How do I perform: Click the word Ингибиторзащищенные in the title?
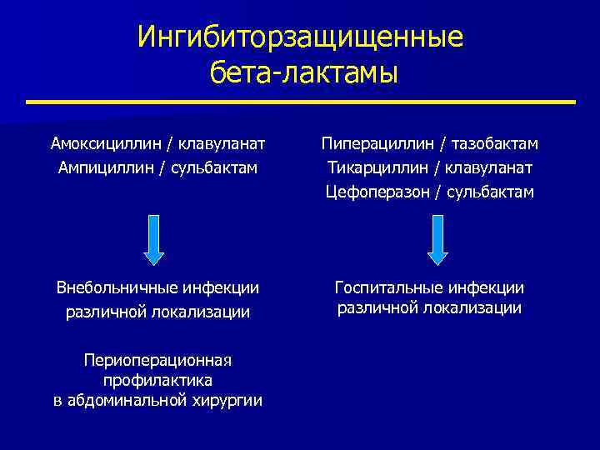(300, 37)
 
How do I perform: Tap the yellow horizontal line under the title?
(300, 102)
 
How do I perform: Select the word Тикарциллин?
(373, 167)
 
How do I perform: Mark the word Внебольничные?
(113, 288)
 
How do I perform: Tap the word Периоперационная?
(157, 360)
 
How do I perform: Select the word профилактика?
(157, 380)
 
